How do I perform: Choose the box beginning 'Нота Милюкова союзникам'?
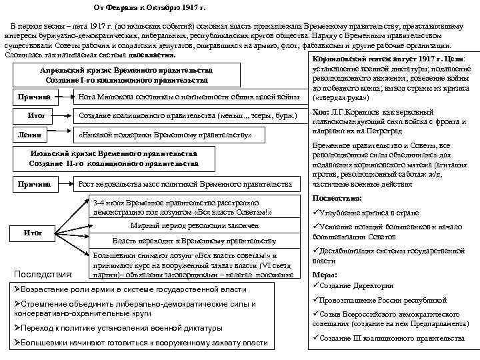click(x=189, y=98)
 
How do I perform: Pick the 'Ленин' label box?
click(x=35, y=134)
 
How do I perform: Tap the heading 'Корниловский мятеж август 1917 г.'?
click(x=375, y=59)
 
